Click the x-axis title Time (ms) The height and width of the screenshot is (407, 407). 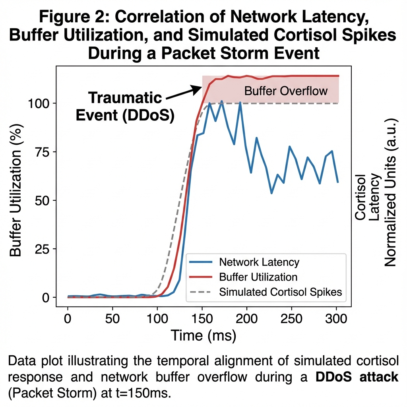203,336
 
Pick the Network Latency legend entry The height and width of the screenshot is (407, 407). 259,262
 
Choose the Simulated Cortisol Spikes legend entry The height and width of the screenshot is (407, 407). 280,291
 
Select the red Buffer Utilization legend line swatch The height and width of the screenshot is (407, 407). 202,277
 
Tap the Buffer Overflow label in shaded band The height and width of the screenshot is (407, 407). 286,91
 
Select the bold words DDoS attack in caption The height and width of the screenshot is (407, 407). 357,376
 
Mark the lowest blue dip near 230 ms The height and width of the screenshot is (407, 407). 271,193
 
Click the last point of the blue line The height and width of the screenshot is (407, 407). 337,182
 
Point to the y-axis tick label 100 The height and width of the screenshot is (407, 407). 38,103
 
